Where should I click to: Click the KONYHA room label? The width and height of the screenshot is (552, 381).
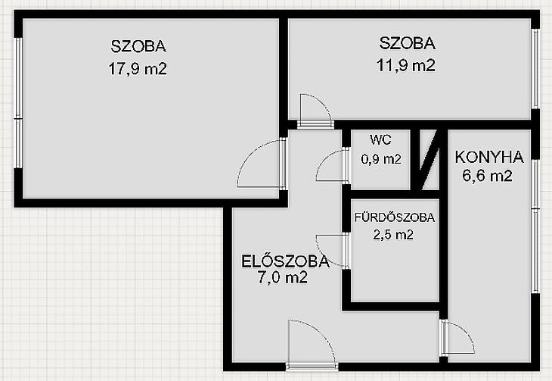pos(489,158)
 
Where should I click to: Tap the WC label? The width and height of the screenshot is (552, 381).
pos(380,140)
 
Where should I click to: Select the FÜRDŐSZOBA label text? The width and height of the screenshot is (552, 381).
pos(394,217)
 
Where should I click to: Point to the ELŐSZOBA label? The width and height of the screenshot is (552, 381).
pos(285,261)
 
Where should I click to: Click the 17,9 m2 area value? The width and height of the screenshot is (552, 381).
pos(138,69)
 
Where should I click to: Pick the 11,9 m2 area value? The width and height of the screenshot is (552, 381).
pos(406,65)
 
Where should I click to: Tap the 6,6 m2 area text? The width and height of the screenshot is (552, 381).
pos(487,176)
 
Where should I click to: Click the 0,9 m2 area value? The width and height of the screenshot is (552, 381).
pos(381,160)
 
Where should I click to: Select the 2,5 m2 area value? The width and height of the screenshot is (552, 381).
pos(393,235)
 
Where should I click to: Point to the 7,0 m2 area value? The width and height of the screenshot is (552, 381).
pos(283,278)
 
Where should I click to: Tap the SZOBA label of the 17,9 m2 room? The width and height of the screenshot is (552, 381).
pos(138,46)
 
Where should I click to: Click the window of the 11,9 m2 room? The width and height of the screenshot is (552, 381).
pos(535,68)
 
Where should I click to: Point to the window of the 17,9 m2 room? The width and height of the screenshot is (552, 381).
pos(18,102)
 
